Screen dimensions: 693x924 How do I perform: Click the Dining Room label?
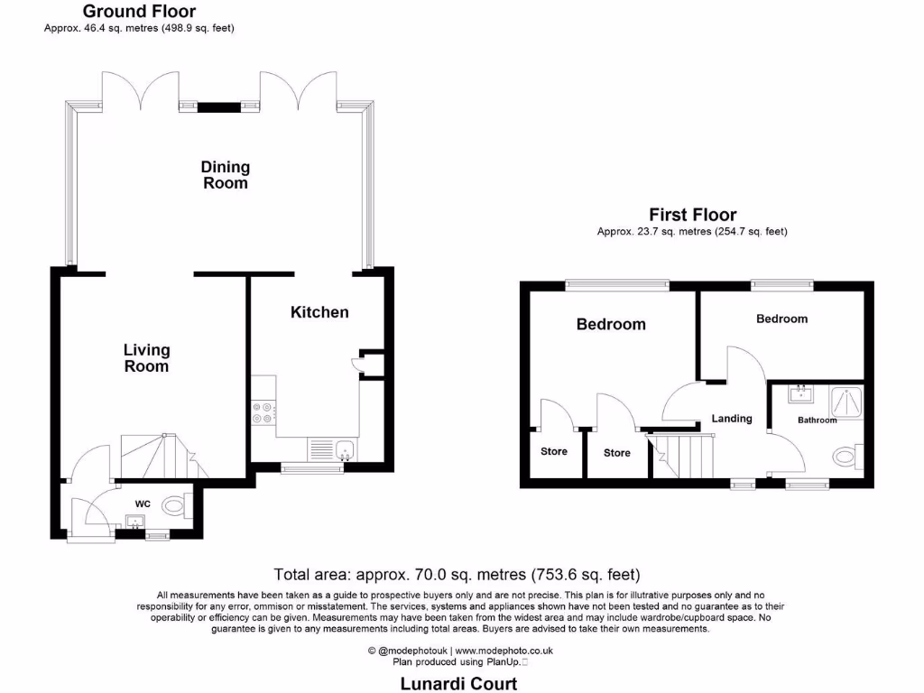pos(225,175)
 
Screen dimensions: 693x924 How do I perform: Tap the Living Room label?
pos(146,358)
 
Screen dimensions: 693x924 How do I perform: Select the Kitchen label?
pos(319,312)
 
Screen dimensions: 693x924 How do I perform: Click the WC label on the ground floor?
pos(143,503)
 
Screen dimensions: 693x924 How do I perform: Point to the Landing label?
pos(731,419)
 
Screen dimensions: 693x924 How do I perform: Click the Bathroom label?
pos(817,420)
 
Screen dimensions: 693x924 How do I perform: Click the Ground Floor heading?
pos(139,12)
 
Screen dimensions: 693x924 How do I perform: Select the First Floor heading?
pos(692,215)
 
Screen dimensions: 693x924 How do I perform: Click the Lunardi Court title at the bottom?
pos(458,684)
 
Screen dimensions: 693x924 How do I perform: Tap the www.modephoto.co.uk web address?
pos(504,651)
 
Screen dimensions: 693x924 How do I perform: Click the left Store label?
pos(554,451)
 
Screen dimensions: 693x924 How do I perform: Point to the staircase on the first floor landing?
pos(683,456)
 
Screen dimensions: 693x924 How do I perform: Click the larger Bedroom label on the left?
pos(611,324)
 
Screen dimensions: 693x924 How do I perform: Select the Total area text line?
pos(457,574)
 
